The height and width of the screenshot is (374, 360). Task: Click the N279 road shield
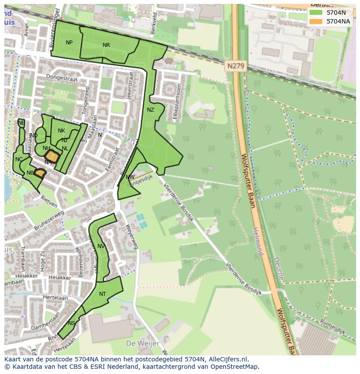[236, 66]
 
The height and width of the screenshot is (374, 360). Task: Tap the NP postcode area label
[69, 43]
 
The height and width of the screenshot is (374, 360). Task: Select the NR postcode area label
[106, 45]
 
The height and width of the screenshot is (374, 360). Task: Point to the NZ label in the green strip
[150, 110]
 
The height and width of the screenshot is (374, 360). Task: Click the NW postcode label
[130, 177]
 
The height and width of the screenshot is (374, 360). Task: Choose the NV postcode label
[101, 246]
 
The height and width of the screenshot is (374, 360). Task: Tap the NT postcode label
[103, 294]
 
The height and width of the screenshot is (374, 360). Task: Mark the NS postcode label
[71, 323]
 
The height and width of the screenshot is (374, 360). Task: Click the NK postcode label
[61, 131]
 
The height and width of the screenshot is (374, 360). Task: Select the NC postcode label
[19, 159]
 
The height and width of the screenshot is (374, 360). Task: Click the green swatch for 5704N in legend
[316, 13]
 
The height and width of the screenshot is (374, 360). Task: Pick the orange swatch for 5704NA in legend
[316, 21]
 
